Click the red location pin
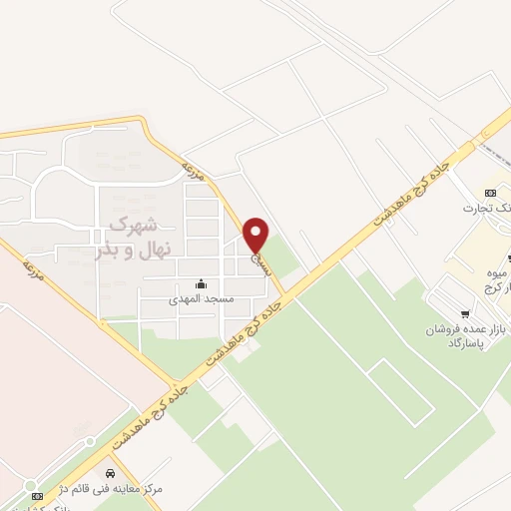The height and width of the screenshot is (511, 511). point(256,235)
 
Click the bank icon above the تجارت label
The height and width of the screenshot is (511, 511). point(489,193)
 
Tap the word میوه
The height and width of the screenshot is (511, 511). point(496,272)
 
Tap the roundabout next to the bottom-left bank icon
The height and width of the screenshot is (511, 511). point(89,441)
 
